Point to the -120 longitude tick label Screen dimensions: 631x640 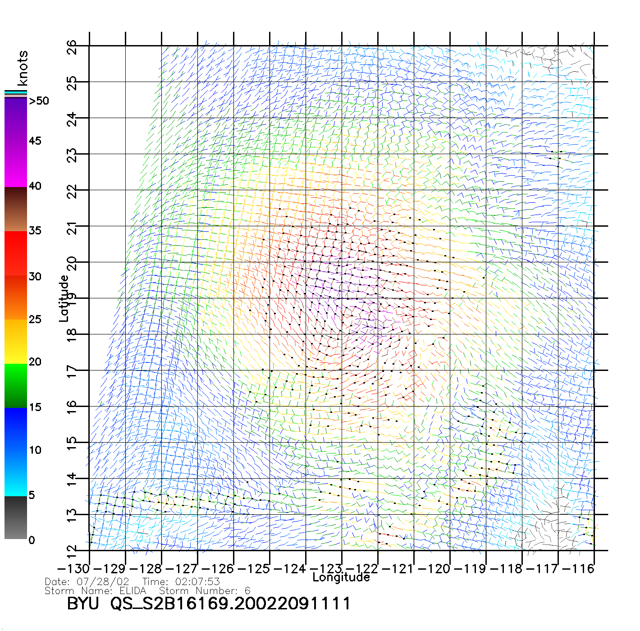434,569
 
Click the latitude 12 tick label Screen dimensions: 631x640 72,551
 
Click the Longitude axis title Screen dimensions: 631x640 341,577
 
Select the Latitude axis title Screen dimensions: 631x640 64,298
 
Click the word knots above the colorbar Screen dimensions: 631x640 23,68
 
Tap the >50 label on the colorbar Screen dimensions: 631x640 39,101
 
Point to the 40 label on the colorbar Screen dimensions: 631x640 35,186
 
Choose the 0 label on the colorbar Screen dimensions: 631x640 32,540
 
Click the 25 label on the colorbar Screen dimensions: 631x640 35,320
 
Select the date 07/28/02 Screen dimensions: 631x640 103,582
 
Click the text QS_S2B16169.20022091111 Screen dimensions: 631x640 230,604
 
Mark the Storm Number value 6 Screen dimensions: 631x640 247,591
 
